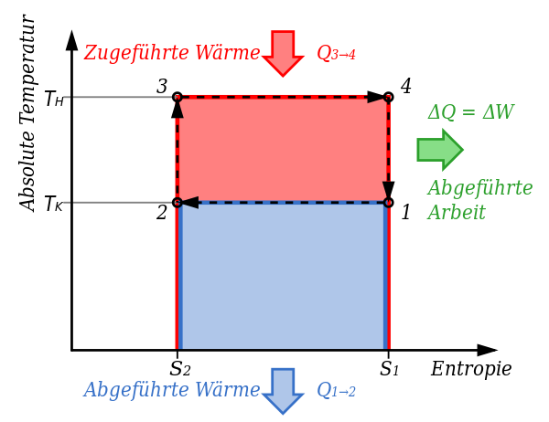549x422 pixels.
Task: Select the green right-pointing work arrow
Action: pos(440,150)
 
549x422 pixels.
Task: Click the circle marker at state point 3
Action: pos(178,97)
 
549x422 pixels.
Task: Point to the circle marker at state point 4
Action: pos(388,97)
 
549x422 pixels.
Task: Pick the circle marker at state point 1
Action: pos(388,203)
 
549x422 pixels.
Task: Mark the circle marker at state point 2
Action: pos(178,203)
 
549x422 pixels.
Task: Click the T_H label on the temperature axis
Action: pos(55,99)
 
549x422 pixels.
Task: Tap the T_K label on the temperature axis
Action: pos(54,204)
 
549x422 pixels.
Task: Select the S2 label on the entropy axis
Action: pos(180,368)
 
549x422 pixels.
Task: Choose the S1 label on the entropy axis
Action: pos(390,368)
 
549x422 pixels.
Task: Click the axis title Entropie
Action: pos(471,369)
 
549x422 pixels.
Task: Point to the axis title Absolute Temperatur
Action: pos(27,113)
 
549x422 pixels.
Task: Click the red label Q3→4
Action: pos(336,54)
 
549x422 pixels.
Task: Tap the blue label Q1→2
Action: pos(336,390)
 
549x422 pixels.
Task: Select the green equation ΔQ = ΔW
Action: pos(471,112)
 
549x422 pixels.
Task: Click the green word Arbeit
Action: pos(457,212)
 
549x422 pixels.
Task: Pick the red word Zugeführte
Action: pos(137,53)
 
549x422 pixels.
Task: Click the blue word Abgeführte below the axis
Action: pos(137,390)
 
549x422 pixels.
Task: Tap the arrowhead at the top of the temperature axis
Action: pos(71,39)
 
